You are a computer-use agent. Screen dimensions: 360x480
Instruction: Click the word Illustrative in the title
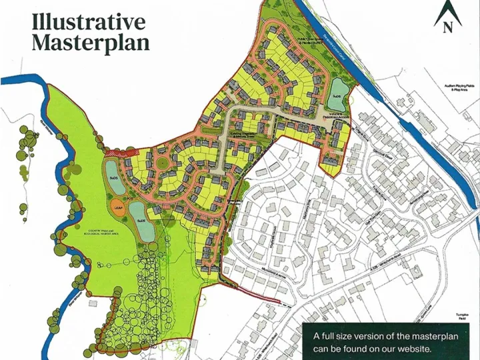89,21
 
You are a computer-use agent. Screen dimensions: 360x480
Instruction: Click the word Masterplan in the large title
91,43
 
